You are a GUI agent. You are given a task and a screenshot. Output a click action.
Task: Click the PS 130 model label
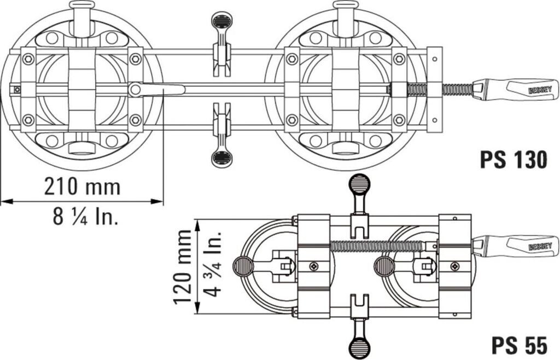[513, 160]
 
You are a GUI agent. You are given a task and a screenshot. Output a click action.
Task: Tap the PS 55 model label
[519, 345]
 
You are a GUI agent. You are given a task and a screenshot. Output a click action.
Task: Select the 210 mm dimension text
[82, 186]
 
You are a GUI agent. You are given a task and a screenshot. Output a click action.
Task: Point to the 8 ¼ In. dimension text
[85, 216]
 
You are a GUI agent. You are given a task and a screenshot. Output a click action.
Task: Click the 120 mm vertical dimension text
[183, 268]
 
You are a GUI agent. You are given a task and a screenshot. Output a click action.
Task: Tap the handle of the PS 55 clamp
[515, 246]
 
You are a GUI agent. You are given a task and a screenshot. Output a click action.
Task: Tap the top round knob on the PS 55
[359, 184]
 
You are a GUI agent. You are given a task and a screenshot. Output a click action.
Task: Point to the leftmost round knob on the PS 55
[243, 267]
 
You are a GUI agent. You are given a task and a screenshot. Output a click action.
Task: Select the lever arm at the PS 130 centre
[157, 89]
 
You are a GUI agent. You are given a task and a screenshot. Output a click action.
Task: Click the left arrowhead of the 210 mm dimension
[7, 202]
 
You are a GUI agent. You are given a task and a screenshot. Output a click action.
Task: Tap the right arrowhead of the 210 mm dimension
[157, 202]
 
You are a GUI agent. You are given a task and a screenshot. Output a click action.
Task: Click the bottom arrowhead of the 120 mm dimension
[197, 308]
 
